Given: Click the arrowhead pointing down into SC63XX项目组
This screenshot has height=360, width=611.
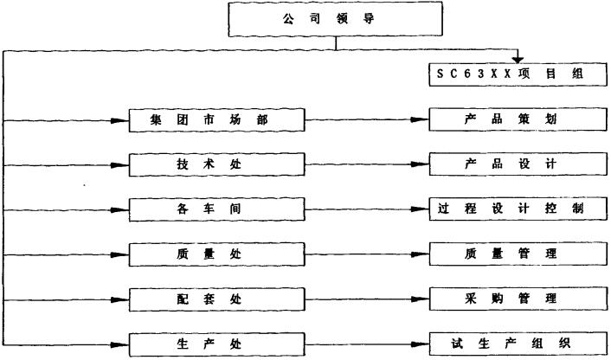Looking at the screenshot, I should (x=518, y=60).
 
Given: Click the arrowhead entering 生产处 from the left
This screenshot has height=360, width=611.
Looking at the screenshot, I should (x=121, y=344).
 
